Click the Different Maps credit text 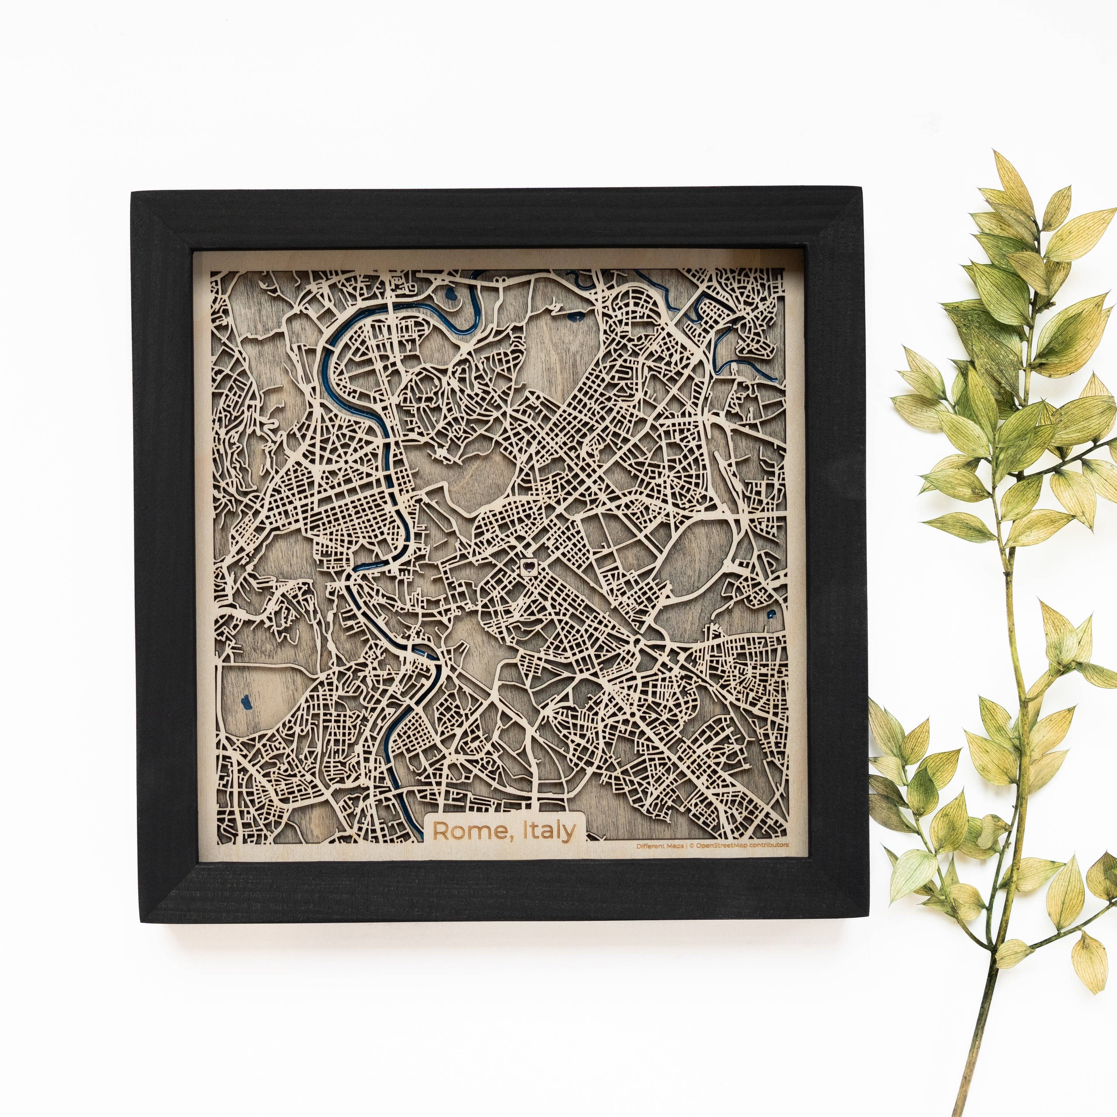click(x=659, y=845)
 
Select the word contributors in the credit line click(x=768, y=845)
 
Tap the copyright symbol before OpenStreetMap click(x=693, y=845)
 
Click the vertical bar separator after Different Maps click(x=687, y=845)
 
